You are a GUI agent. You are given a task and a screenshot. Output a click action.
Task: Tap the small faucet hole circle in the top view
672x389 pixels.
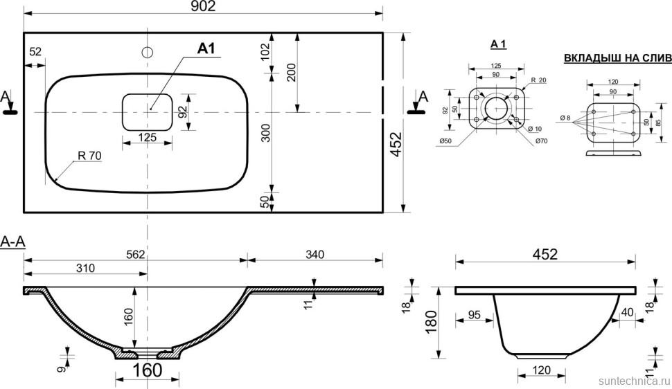(x=147, y=52)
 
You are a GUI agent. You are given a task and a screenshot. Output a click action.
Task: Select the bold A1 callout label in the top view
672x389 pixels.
(x=207, y=48)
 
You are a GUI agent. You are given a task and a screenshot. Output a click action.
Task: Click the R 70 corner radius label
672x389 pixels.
(x=89, y=156)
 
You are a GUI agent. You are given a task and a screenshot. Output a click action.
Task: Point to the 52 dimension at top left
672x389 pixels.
(x=36, y=51)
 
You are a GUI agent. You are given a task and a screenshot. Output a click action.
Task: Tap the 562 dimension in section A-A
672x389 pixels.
(x=135, y=255)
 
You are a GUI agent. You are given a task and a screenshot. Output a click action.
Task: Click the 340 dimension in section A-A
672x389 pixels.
(x=314, y=255)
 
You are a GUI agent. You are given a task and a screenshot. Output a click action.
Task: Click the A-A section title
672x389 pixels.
(x=13, y=242)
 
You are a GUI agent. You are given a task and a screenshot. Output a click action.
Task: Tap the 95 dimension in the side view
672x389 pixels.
(x=474, y=315)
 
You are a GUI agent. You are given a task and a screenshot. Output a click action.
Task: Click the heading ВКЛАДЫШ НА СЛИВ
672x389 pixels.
(x=612, y=58)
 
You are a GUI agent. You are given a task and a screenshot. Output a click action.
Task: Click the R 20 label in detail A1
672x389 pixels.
(x=538, y=81)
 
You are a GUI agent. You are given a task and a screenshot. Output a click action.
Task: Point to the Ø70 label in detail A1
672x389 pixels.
(x=541, y=142)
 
